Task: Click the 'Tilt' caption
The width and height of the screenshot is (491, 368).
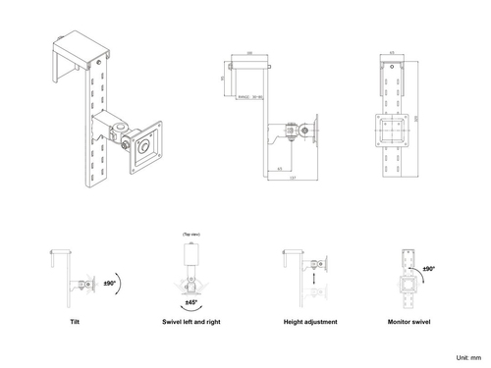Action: pos(75,321)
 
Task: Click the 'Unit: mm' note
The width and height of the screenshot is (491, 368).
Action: pos(469,359)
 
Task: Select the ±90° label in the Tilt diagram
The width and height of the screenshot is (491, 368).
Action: pos(110,283)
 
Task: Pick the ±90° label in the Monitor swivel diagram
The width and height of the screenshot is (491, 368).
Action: pos(428,267)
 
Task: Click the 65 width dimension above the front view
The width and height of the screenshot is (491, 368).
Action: pos(393,52)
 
